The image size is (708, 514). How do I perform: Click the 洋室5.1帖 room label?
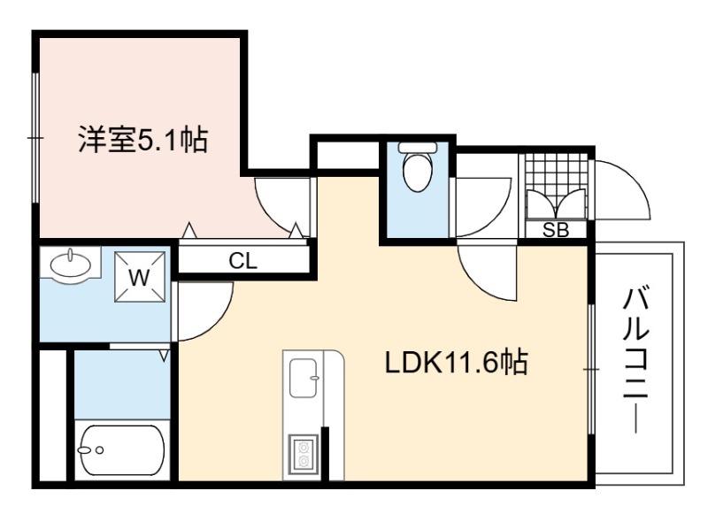pos(143,140)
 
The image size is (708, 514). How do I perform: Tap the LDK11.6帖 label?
pos(456,362)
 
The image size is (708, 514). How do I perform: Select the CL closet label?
pos(242,261)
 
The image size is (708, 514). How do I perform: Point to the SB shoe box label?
pos(556,230)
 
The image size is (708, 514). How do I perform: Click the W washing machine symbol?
pos(140,277)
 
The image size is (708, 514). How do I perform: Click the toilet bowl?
pos(418,173)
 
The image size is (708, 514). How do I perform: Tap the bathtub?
pos(122,450)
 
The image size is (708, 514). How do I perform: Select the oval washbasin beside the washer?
pos(70,264)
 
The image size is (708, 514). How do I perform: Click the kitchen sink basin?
pos(303,378)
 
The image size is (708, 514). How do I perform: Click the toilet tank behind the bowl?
pos(418,148)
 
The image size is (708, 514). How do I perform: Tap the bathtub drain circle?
pos(100,450)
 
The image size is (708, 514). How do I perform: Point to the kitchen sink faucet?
pos(315,378)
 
